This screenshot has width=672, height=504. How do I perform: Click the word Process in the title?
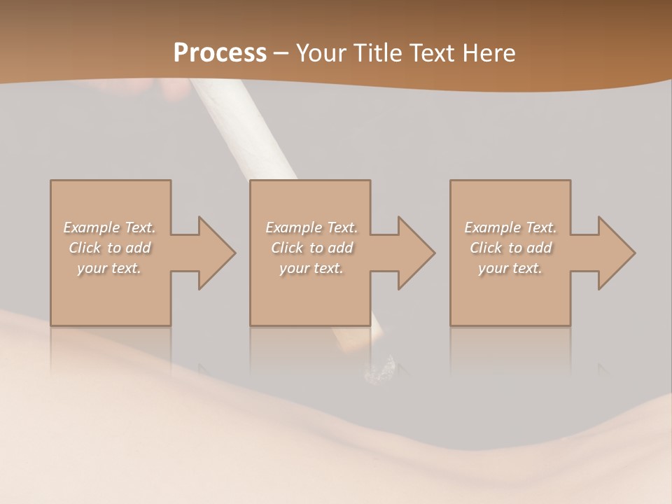[220, 53]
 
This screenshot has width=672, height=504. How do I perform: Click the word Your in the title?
[322, 53]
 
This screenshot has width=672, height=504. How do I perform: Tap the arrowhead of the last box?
[615, 253]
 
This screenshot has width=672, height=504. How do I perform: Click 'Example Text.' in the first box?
[110, 227]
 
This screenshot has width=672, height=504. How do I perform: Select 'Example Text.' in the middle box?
[311, 227]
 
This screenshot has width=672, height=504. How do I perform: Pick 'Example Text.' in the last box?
[510, 227]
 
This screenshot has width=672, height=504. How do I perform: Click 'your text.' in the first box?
[109, 268]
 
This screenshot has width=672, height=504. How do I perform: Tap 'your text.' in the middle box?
[311, 268]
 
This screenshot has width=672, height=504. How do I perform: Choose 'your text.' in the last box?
[510, 268]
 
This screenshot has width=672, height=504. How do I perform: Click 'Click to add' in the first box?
[110, 248]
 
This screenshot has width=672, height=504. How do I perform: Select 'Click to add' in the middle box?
[311, 248]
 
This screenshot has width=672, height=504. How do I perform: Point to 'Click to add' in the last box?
[511, 248]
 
